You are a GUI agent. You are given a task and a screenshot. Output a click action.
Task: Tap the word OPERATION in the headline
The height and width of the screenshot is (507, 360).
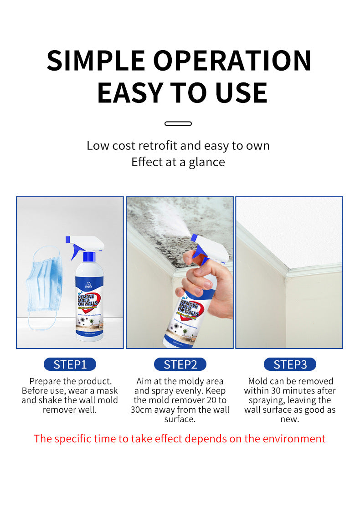[232, 60]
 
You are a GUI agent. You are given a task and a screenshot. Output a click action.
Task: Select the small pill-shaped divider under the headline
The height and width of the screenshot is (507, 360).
[178, 123]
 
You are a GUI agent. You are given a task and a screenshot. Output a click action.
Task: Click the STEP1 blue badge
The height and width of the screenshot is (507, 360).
[70, 364]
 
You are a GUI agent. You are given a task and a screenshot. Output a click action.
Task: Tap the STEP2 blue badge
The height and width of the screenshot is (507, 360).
[180, 364]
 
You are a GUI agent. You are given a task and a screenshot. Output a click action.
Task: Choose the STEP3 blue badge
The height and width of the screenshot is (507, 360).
[290, 364]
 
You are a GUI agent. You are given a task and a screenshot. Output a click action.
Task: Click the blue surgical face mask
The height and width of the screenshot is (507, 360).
[43, 282]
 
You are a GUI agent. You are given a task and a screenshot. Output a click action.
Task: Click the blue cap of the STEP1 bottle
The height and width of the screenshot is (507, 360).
[89, 257]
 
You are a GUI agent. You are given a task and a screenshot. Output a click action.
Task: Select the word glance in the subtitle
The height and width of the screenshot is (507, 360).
[206, 162]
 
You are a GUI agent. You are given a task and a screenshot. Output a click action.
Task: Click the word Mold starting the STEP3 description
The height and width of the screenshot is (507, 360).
[259, 381]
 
